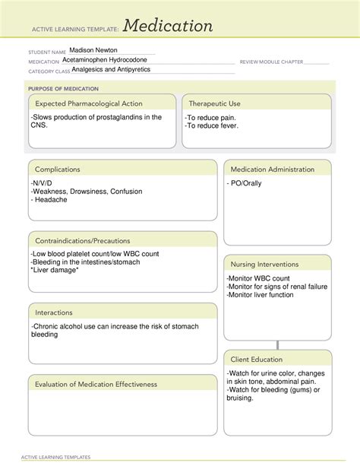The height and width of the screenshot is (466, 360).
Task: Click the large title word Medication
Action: (x=169, y=26)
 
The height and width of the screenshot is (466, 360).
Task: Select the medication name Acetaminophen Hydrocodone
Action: (x=106, y=60)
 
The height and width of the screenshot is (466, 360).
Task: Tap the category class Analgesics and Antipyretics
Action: (x=111, y=69)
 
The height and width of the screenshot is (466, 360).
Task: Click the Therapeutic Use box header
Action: (x=214, y=103)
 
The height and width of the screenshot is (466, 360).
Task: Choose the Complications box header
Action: (x=58, y=169)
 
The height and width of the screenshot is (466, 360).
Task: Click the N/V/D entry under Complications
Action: (x=43, y=183)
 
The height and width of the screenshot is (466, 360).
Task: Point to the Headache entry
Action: (x=49, y=200)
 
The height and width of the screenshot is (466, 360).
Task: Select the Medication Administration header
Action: (x=272, y=169)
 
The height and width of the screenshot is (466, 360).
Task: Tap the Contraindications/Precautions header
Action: (x=82, y=240)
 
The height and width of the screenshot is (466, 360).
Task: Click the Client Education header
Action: (x=257, y=359)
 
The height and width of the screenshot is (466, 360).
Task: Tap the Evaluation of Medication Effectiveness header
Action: (x=96, y=384)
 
